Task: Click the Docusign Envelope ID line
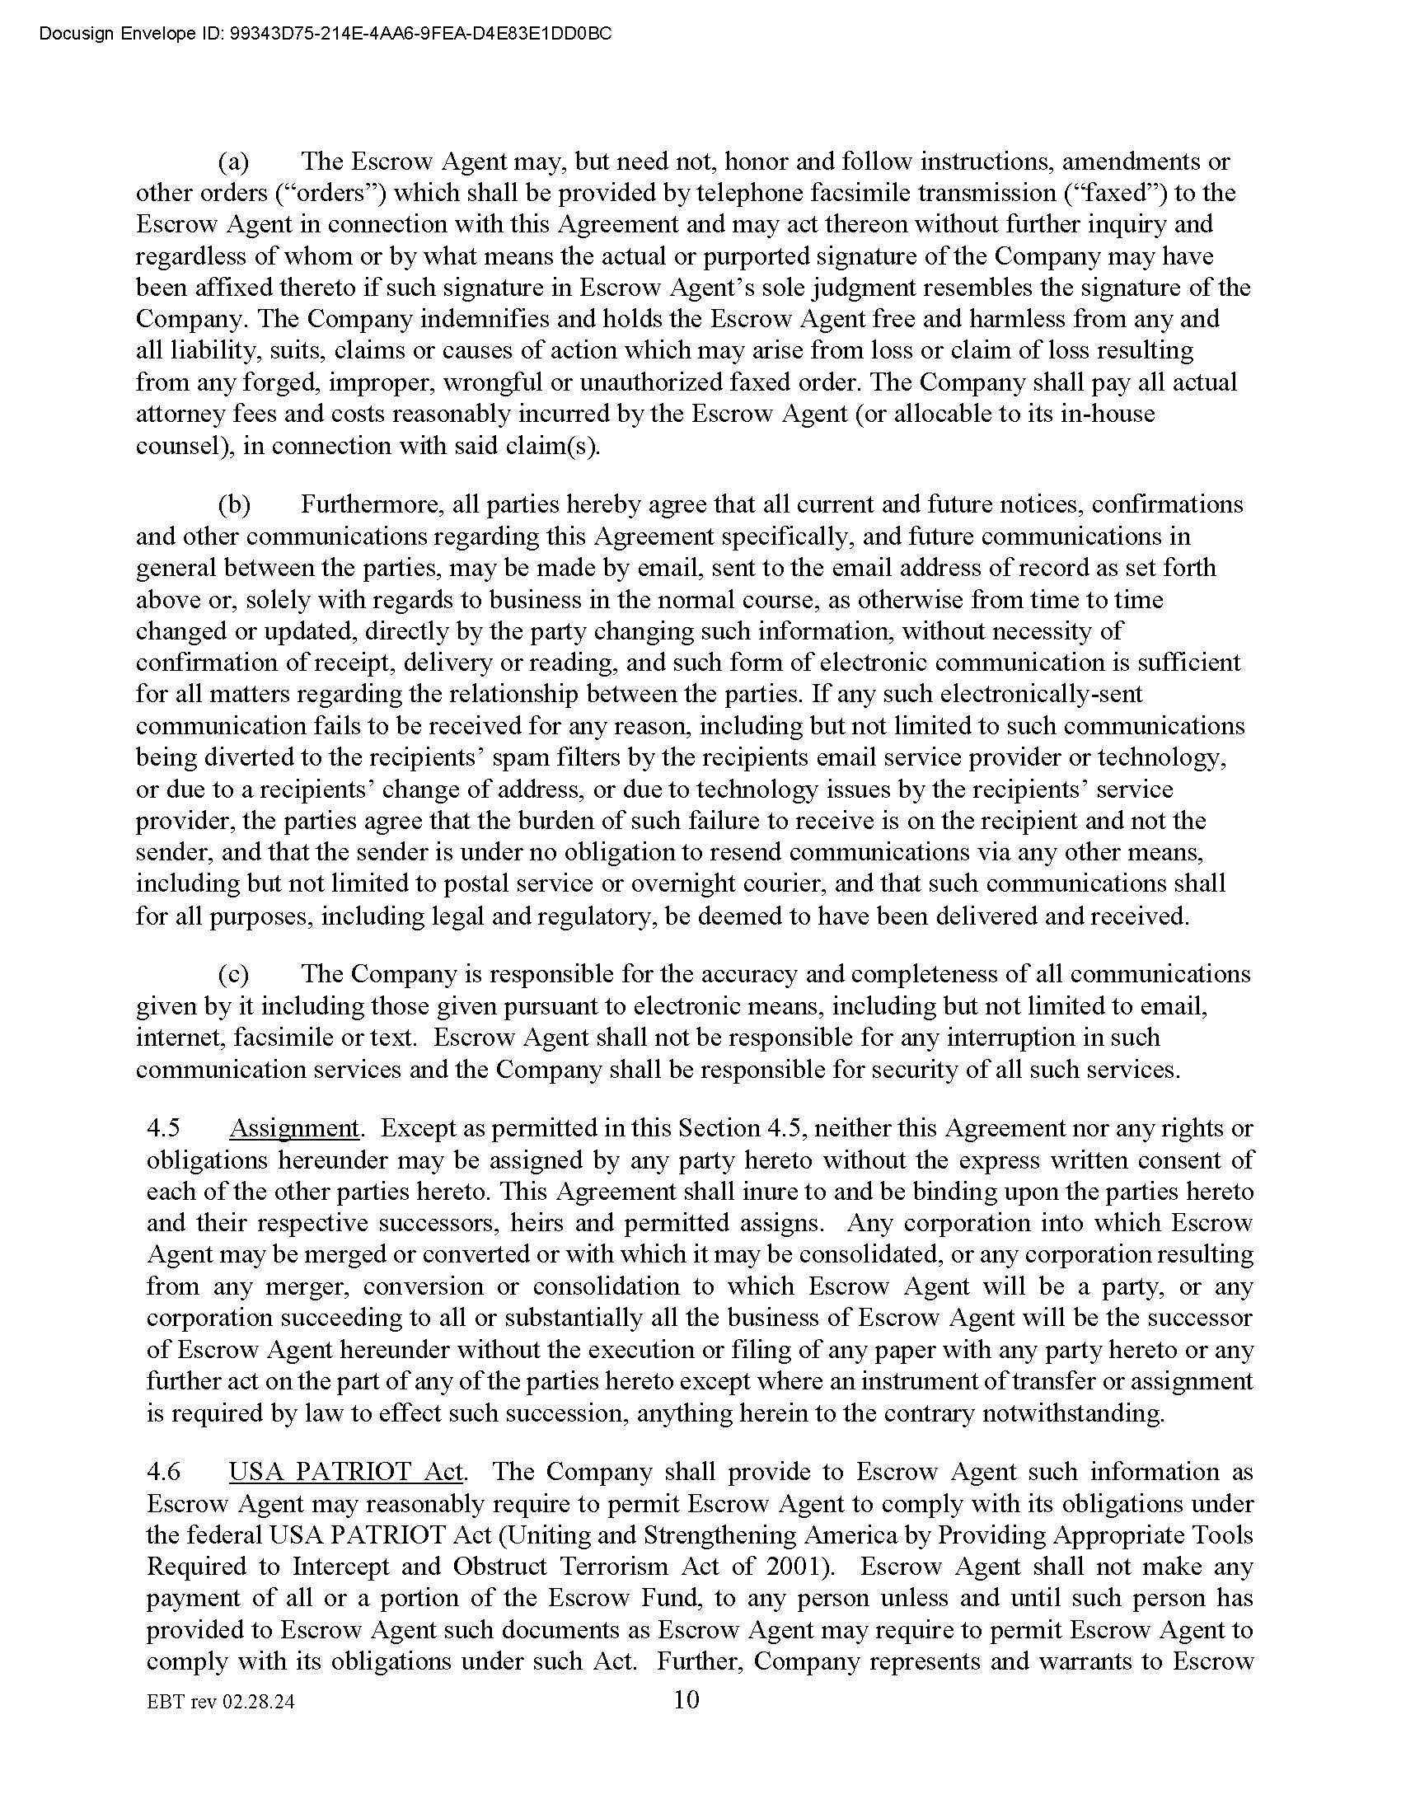tap(326, 35)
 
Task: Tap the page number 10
tap(686, 1700)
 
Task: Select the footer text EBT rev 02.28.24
tap(220, 1703)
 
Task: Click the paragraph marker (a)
tap(233, 161)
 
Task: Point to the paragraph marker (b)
tap(234, 504)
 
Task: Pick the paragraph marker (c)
tap(233, 974)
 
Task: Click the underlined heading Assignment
tap(294, 1129)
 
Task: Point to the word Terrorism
tap(610, 1567)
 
